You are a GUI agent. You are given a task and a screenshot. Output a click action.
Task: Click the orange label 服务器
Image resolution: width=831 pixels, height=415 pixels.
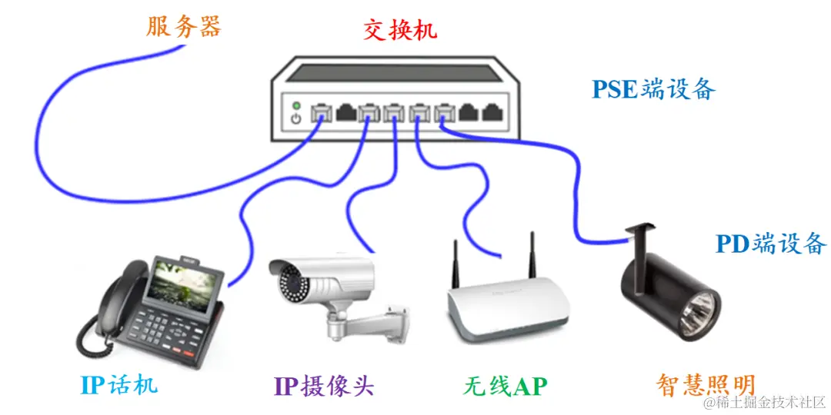click(183, 27)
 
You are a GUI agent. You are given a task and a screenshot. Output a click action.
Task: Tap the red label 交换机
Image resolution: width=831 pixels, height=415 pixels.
click(400, 30)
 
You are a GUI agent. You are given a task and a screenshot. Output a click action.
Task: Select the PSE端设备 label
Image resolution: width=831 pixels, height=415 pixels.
click(653, 89)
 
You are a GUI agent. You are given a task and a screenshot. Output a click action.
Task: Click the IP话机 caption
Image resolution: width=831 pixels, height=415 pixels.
click(119, 383)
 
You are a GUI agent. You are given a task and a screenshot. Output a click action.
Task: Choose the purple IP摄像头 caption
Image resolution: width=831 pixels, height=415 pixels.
click(324, 385)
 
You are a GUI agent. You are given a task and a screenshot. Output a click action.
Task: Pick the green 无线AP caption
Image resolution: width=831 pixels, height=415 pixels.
click(505, 385)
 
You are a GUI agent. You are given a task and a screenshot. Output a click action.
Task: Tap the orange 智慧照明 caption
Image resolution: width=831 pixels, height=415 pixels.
click(706, 384)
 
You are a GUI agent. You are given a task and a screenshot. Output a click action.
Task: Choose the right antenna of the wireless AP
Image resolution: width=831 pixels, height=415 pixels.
click(531, 254)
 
